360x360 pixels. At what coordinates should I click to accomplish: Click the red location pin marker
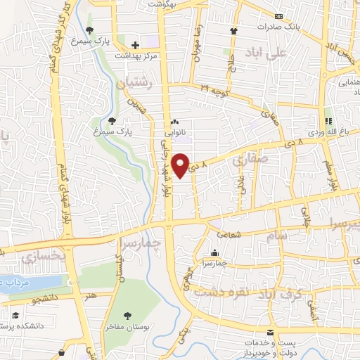point(181,164)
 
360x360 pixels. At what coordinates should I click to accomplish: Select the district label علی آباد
point(272,52)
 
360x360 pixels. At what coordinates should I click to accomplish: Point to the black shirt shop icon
point(233,31)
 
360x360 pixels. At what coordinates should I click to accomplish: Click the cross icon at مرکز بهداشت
point(135,45)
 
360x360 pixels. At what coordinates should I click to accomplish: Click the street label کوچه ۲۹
point(215,88)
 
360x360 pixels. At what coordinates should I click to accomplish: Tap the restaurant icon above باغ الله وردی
point(328,120)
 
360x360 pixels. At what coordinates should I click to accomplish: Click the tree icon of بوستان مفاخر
point(127,316)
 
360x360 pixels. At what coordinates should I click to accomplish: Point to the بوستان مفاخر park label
point(127,328)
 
